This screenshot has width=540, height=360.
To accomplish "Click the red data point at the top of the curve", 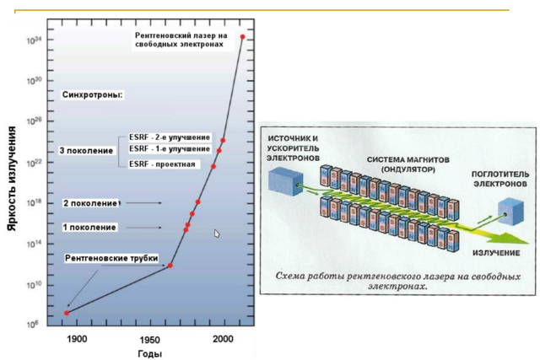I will (x=243, y=37).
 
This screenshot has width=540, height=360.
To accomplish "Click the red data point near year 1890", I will (x=67, y=313).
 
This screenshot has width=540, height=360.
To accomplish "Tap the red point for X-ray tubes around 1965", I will (x=170, y=266).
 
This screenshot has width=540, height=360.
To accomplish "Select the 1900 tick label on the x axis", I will (x=77, y=339).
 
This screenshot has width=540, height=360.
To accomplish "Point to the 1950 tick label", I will (x=150, y=339).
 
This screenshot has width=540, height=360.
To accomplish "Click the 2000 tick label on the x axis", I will (x=223, y=339).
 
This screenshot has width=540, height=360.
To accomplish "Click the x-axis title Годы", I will (x=149, y=353).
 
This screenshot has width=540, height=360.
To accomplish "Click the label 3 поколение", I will (x=86, y=150).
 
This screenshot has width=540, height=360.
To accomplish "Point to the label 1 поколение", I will (x=89, y=228).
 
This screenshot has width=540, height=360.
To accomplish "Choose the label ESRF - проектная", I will (x=162, y=164).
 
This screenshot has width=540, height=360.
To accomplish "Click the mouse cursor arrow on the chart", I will (x=217, y=234).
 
